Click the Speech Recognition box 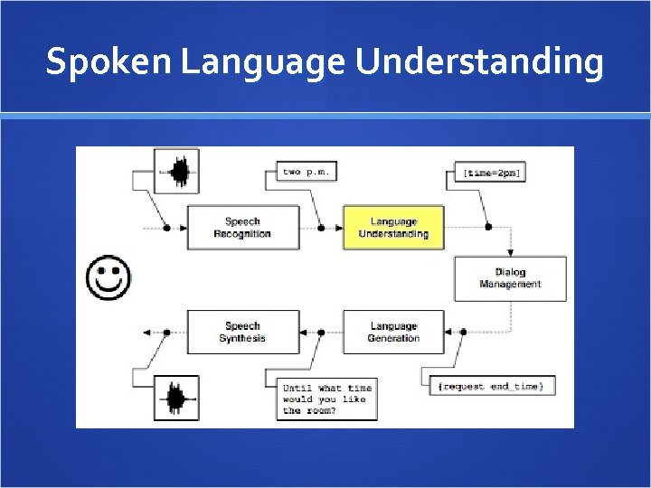(242, 228)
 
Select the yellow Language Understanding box (393, 228)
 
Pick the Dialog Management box (510, 278)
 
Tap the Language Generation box (393, 332)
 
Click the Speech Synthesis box (242, 332)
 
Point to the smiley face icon (108, 277)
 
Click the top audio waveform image (176, 171)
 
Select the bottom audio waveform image (176, 399)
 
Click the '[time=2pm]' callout (490, 172)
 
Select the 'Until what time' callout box (325, 399)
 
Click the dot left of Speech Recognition (165, 228)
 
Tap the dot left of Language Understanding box (323, 228)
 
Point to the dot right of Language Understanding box (488, 228)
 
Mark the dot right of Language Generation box (463, 332)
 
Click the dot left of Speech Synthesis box (165, 332)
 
